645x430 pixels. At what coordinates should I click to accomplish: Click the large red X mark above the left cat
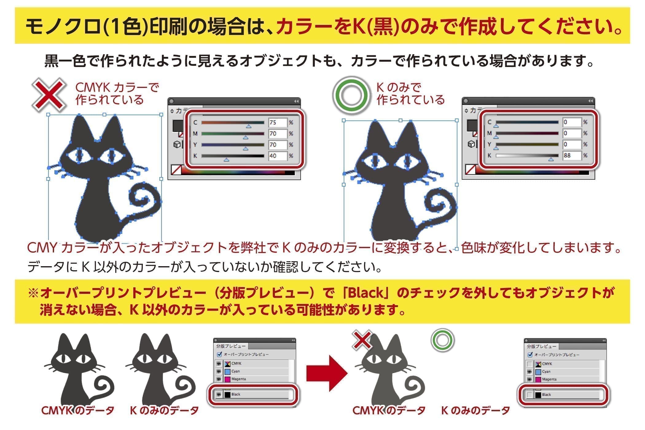[49, 94]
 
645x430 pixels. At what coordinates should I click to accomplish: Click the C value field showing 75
[277, 122]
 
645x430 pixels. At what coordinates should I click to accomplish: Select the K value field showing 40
[277, 156]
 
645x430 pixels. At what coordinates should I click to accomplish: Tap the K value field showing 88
[571, 156]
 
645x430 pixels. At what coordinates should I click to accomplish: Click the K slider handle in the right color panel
[551, 159]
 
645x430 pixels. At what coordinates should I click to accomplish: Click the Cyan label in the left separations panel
[236, 371]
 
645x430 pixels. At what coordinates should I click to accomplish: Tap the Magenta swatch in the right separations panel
[538, 380]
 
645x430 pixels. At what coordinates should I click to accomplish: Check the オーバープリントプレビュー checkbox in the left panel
[220, 354]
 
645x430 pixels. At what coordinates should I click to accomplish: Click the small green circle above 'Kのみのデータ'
[442, 341]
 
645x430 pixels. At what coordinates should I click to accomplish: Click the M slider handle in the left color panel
[245, 137]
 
